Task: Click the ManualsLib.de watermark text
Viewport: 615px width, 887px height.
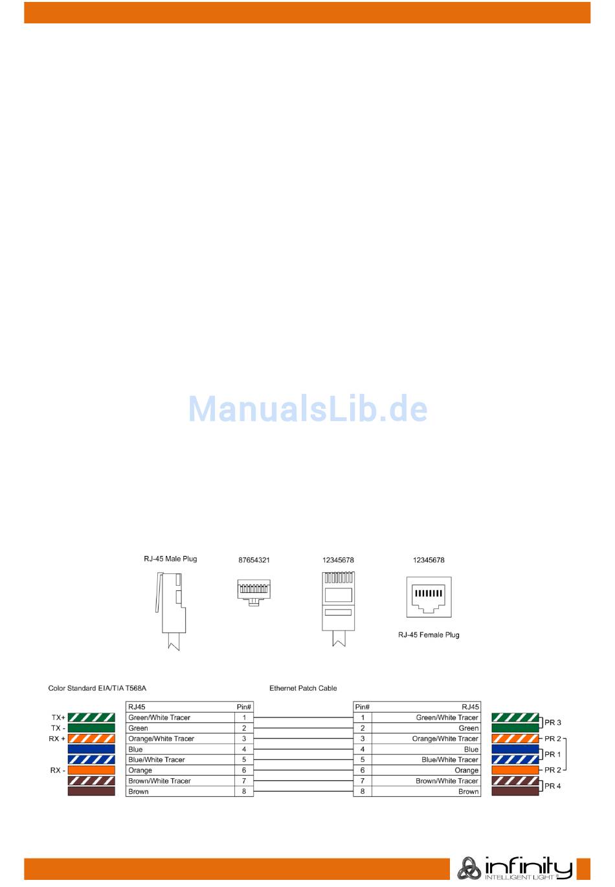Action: click(307, 409)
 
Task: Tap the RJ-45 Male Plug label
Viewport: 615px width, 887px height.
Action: click(170, 559)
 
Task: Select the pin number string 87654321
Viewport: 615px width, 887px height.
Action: click(254, 560)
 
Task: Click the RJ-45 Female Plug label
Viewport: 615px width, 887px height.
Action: click(429, 634)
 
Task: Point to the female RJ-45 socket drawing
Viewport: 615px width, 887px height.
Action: click(429, 597)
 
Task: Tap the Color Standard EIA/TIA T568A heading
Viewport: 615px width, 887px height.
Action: click(97, 688)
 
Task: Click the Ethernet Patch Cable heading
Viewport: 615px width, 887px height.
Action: click(303, 688)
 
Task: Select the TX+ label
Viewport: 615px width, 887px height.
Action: click(58, 718)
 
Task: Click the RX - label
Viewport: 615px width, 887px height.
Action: click(58, 770)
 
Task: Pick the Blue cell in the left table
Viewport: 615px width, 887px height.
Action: click(136, 749)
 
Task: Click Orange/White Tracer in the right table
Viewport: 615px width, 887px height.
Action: click(445, 739)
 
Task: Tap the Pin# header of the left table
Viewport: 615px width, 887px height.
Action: click(244, 707)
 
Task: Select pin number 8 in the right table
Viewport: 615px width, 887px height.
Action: click(363, 791)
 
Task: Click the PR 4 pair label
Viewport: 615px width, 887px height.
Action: click(553, 786)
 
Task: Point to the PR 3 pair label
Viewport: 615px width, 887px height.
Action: click(553, 722)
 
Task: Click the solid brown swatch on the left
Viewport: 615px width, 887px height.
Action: click(91, 791)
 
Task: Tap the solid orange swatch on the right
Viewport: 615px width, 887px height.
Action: click(515, 770)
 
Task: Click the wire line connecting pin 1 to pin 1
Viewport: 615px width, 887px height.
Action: click(303, 718)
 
